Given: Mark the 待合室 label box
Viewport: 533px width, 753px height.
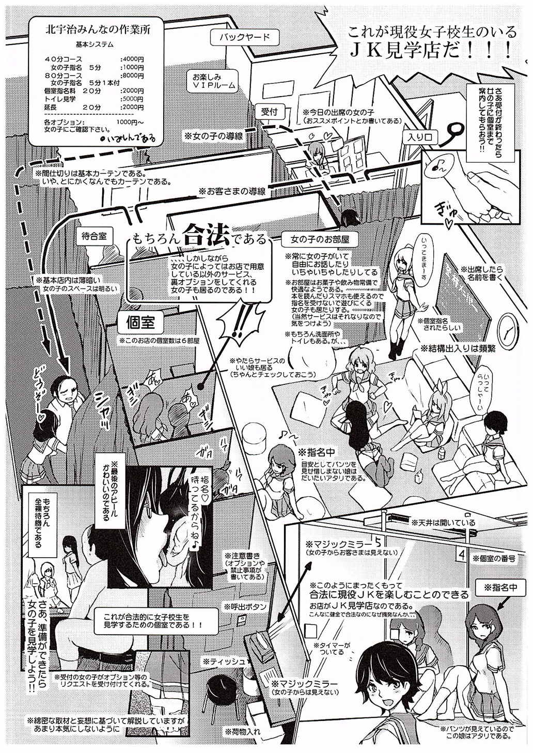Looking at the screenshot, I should (94, 236).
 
